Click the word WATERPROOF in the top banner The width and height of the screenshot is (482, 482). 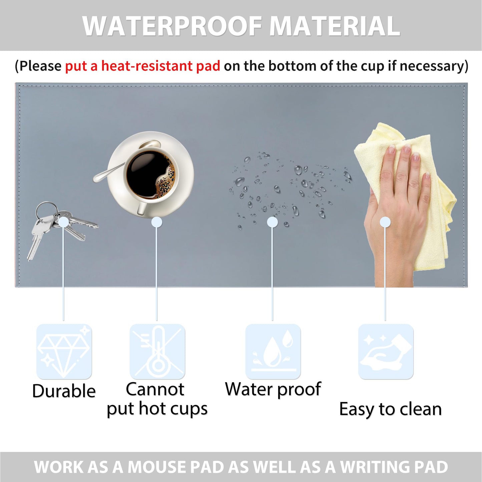172,26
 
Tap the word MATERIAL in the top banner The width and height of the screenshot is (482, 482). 335,26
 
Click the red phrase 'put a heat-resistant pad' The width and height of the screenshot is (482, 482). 142,66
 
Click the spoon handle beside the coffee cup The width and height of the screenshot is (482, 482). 109,172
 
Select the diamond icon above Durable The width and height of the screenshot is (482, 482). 64,352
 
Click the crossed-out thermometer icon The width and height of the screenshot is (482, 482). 157,352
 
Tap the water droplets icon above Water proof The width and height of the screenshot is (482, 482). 273,352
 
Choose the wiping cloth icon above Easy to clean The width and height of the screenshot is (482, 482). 386,352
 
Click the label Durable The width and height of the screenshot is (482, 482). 64,391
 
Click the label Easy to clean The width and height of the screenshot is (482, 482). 391,410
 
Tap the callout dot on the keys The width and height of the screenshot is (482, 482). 63,222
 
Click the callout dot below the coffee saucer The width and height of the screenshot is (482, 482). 156,222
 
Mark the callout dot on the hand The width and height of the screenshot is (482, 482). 385,222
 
